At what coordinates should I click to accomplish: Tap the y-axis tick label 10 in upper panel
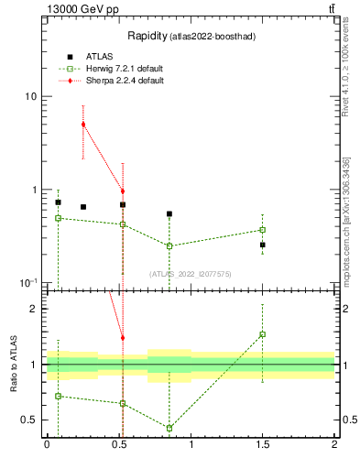tap(30, 97)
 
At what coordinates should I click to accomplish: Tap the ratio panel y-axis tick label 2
tap(34, 309)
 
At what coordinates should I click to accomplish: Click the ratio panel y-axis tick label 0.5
tap(30, 420)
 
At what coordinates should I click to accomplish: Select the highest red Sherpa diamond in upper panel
tap(83, 125)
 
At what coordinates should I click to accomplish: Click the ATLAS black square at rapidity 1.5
tap(262, 245)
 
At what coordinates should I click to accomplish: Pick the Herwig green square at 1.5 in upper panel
tap(262, 230)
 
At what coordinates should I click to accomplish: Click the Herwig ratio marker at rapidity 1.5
tap(262, 334)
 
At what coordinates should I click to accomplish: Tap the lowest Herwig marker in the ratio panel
tap(169, 428)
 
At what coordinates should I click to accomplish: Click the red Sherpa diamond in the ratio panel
tap(123, 338)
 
